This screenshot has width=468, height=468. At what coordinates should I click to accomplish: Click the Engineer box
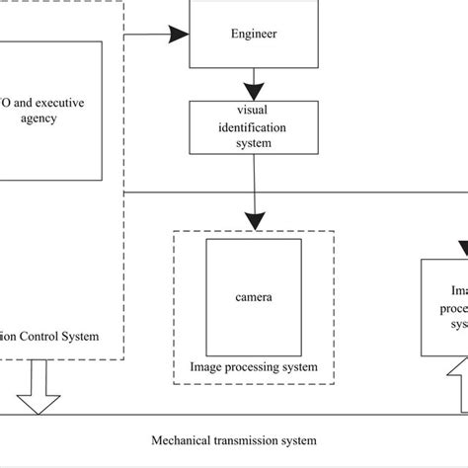click(254, 35)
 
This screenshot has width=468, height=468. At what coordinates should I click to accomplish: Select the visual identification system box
click(254, 126)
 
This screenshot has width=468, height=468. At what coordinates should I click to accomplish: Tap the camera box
click(254, 294)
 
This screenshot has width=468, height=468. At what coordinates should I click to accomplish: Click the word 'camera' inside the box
click(254, 295)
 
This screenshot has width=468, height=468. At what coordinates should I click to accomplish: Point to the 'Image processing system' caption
click(254, 367)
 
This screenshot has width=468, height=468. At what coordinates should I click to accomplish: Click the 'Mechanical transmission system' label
click(234, 439)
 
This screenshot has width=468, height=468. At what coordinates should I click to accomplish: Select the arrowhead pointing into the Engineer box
click(178, 36)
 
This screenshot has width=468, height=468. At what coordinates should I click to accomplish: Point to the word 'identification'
click(254, 126)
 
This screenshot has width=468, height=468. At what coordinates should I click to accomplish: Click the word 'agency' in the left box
click(38, 118)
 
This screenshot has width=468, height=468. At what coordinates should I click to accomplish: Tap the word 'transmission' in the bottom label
click(243, 439)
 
